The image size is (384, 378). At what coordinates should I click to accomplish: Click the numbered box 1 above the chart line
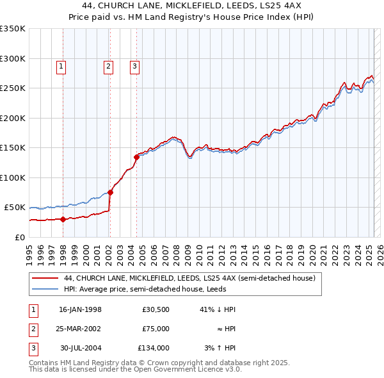pos(61,65)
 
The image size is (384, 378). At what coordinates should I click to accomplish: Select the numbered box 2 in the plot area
pos(108,65)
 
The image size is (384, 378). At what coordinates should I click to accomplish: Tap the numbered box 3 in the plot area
pos(135,65)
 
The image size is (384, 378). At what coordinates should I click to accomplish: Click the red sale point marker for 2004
pos(136,157)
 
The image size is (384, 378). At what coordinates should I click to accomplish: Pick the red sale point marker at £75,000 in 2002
pos(110,192)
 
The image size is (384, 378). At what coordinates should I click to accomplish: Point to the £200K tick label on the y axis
pos(13,118)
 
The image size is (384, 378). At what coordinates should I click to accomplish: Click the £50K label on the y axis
pos(15,208)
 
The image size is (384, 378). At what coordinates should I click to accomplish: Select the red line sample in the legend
pos(45,279)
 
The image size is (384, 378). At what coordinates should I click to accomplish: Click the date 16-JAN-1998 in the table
pos(80,309)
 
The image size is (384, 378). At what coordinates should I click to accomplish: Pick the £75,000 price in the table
pos(156,329)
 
